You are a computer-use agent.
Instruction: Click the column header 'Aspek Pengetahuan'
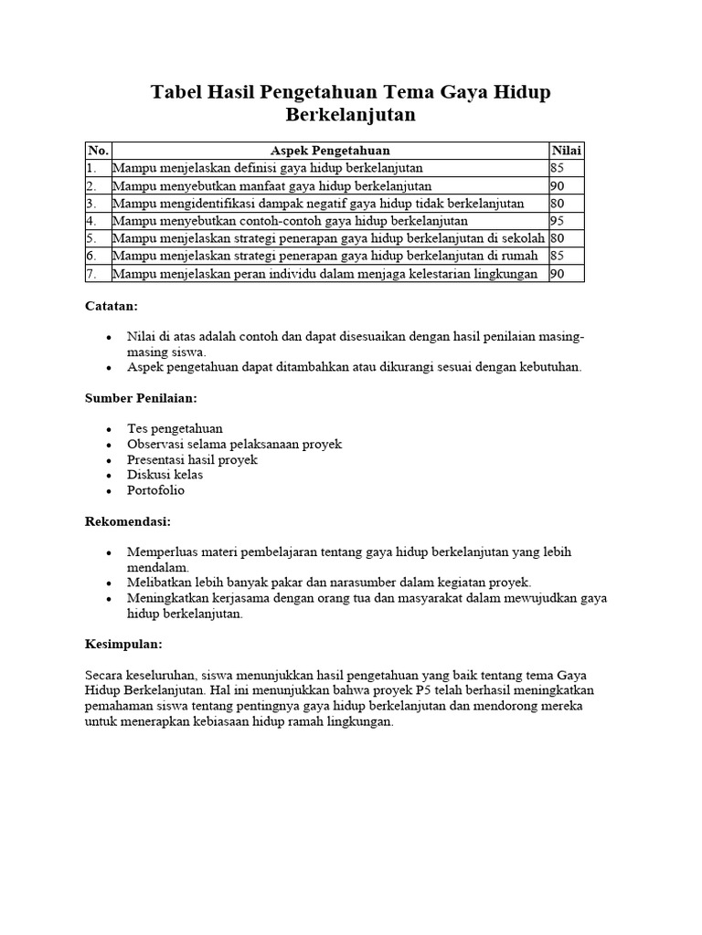tap(330, 151)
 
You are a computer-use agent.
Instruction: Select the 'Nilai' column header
tap(567, 151)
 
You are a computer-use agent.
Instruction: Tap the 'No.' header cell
tap(98, 151)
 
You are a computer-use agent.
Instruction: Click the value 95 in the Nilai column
tap(558, 221)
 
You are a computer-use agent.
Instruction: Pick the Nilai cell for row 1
tap(558, 168)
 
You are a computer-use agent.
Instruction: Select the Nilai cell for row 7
tap(558, 274)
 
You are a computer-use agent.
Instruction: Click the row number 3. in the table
tap(91, 204)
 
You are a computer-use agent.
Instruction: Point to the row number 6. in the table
tap(91, 257)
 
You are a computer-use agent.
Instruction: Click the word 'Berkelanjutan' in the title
tap(351, 115)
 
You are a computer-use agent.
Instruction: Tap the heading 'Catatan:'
tap(111, 308)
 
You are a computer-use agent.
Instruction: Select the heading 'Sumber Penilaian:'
tap(141, 399)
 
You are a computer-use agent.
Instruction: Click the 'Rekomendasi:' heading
tap(128, 521)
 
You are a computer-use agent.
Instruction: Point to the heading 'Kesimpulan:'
tap(123, 644)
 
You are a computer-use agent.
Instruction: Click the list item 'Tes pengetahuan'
tap(175, 428)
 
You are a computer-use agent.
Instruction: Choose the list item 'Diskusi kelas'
tap(165, 475)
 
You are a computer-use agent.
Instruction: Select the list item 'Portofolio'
tap(155, 490)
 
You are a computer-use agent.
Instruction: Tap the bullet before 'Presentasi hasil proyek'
tap(109, 460)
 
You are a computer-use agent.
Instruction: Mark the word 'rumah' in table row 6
tap(520, 257)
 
